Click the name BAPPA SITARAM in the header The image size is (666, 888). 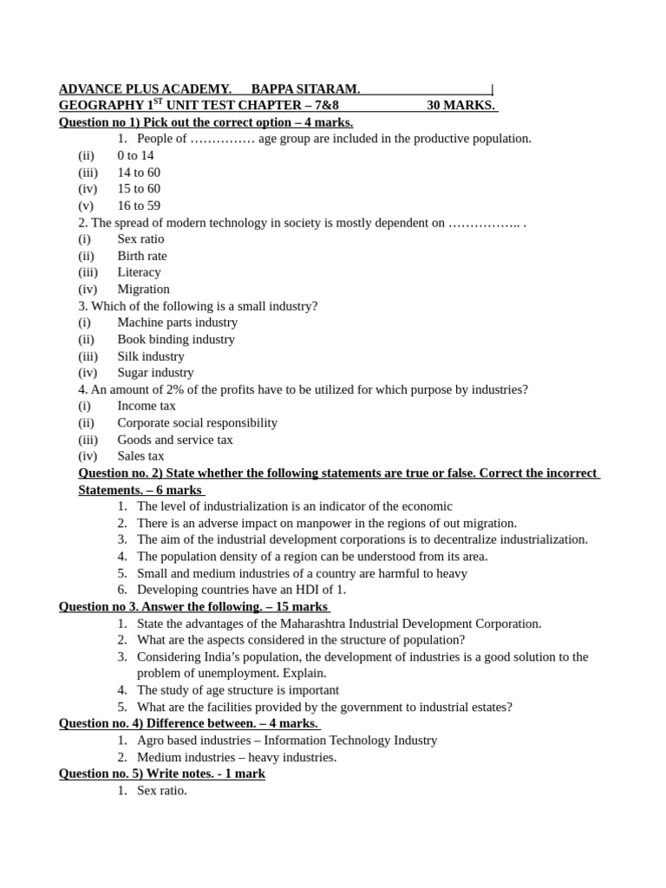coord(305,89)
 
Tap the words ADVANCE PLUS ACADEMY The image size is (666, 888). coord(145,89)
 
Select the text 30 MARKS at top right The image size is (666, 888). coord(460,106)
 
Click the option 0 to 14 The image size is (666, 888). coord(135,156)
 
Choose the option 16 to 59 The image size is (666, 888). coord(139,206)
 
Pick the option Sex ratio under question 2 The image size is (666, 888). coord(140,239)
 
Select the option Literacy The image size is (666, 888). coord(139,272)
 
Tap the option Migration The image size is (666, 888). coord(143,290)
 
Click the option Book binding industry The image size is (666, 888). coord(176,340)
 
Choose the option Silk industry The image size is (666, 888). coord(151,356)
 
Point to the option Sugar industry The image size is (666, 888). coord(155,373)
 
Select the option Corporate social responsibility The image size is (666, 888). coord(198,423)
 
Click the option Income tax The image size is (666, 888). coord(147,406)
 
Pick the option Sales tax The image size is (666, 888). coord(140,456)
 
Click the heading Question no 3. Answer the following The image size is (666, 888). coord(193,607)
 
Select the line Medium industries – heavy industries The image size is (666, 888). coord(237,757)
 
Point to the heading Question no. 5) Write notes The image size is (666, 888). coord(162,774)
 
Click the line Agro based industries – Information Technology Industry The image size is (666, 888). coord(287,741)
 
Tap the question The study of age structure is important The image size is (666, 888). coord(238,690)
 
